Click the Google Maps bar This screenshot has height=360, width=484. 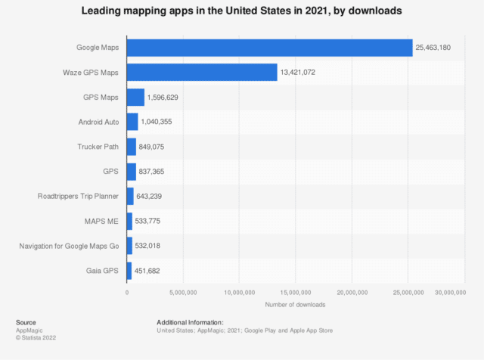coord(269,48)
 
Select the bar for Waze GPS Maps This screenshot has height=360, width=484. coord(202,72)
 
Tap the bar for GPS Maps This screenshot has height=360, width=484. coord(135,97)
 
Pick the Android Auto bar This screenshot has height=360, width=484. coord(132,122)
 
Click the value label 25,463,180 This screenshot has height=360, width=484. coord(439,48)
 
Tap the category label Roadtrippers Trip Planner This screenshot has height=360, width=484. coord(79,196)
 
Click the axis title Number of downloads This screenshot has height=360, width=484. coord(295,304)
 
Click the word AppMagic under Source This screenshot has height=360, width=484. coord(29,331)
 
